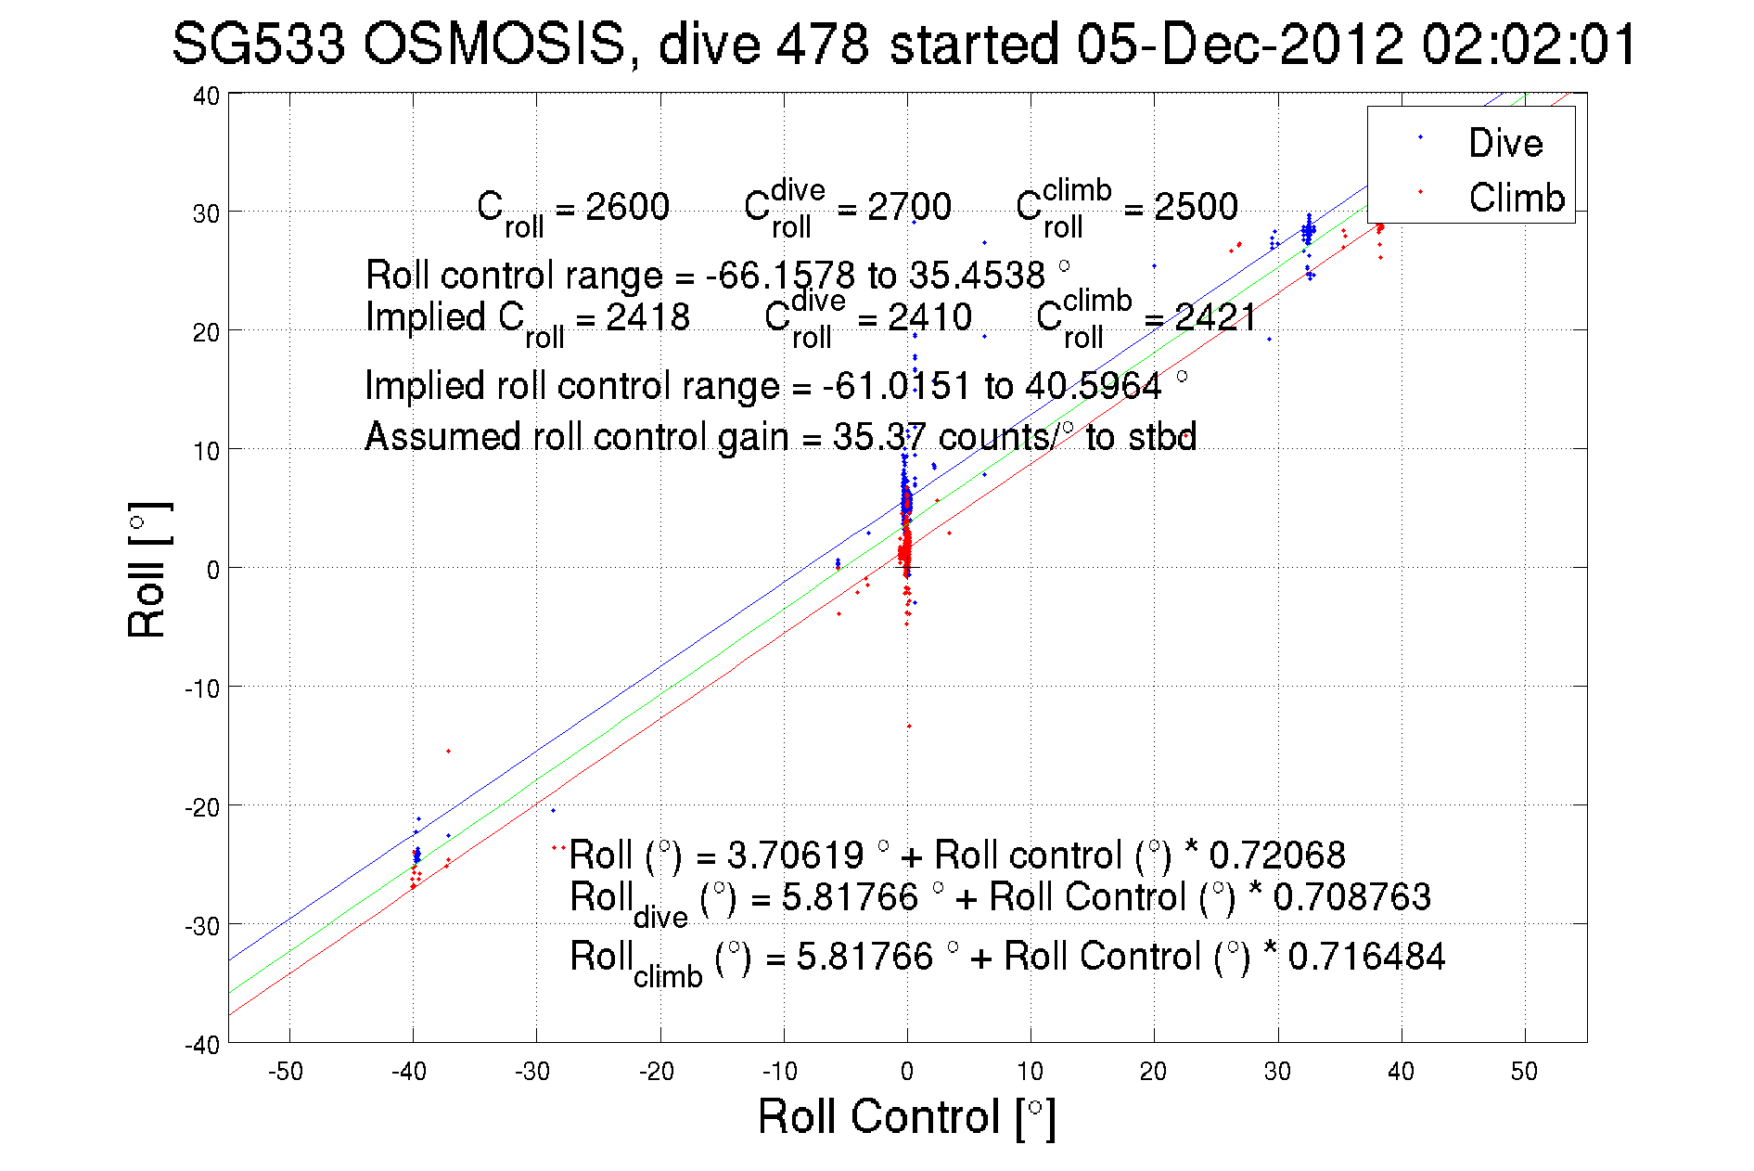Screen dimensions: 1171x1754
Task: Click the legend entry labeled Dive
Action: point(1504,143)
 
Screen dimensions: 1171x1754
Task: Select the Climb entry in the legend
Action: point(1516,198)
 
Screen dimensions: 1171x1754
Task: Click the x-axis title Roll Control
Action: point(906,1116)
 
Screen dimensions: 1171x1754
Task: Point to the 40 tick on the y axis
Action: point(206,96)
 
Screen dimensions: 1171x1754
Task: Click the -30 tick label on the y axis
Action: point(201,925)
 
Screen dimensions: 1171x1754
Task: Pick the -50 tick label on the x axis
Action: point(286,1072)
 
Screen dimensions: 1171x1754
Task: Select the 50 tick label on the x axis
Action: point(1524,1072)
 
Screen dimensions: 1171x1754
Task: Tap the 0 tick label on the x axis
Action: point(907,1072)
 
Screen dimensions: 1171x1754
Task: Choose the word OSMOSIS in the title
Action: point(493,44)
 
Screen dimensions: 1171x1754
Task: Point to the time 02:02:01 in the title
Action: point(1530,44)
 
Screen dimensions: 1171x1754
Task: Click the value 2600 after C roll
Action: point(627,206)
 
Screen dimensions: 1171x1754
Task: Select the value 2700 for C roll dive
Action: point(909,206)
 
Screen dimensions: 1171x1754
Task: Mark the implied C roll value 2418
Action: point(647,317)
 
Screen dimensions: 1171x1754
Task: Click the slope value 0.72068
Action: point(1276,855)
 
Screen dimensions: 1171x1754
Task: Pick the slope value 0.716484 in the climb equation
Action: point(1366,956)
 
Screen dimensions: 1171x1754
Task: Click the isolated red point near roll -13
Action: point(909,726)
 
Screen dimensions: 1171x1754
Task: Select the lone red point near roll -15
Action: point(448,751)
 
